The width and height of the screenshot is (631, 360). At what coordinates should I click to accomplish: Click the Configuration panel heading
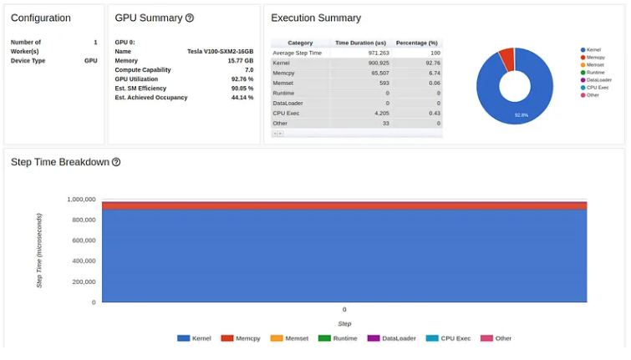tap(40, 18)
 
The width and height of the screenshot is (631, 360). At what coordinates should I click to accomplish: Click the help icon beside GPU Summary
tap(190, 18)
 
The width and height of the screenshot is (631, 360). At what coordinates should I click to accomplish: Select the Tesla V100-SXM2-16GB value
tap(220, 51)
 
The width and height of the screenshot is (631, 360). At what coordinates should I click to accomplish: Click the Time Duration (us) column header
tap(360, 43)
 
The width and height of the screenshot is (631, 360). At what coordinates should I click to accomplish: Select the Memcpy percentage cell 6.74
tap(432, 73)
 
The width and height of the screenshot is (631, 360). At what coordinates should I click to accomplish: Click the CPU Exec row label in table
tap(286, 113)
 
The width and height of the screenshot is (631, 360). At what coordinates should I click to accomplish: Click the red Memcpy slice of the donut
tap(506, 58)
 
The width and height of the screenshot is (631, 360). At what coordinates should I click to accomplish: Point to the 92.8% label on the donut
tap(522, 114)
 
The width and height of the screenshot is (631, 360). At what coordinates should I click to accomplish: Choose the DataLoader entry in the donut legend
tap(598, 79)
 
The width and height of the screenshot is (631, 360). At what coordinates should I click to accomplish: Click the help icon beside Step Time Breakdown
tap(116, 162)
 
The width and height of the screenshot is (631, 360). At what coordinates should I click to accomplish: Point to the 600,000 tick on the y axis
tap(81, 241)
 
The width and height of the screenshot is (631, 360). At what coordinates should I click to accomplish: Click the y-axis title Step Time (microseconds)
tap(39, 250)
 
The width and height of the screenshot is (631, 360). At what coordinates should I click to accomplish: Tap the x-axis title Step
tap(344, 323)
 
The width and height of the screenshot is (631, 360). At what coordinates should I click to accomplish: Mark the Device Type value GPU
tap(90, 61)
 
